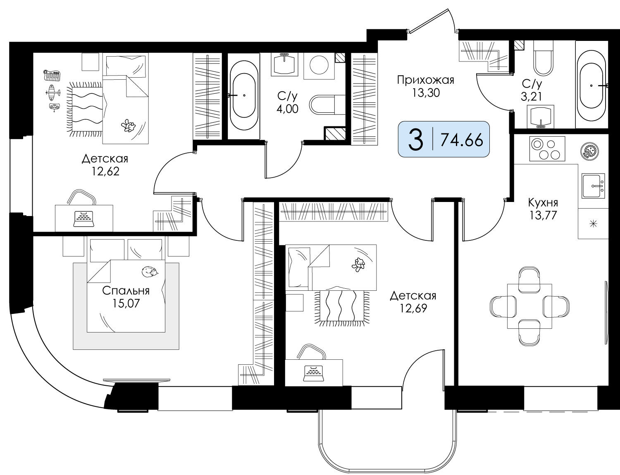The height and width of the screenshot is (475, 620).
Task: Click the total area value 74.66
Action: click(x=462, y=140)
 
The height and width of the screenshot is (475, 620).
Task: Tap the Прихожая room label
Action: click(x=425, y=80)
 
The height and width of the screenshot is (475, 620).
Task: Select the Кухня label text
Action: click(x=543, y=203)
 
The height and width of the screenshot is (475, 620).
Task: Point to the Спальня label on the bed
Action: click(x=126, y=291)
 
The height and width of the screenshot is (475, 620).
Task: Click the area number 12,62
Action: click(x=105, y=171)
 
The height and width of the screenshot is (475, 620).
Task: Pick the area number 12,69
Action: click(x=413, y=309)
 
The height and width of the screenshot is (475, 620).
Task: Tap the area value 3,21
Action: click(x=531, y=97)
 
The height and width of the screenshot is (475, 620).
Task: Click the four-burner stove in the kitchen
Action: click(x=547, y=149)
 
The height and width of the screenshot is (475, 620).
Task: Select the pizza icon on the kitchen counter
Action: click(x=589, y=150)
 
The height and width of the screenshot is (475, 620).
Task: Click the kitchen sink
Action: click(x=593, y=185)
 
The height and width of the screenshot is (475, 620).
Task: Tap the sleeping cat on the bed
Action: click(x=150, y=271)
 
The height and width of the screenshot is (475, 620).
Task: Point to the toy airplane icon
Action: click(x=53, y=93)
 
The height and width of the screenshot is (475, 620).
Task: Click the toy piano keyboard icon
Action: click(x=51, y=75)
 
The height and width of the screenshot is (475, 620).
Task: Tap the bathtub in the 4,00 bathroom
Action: click(x=244, y=95)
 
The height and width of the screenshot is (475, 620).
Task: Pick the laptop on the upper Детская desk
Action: click(x=84, y=218)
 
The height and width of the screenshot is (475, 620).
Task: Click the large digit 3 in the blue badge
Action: click(x=415, y=140)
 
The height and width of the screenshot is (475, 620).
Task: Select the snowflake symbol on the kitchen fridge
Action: click(x=593, y=224)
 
